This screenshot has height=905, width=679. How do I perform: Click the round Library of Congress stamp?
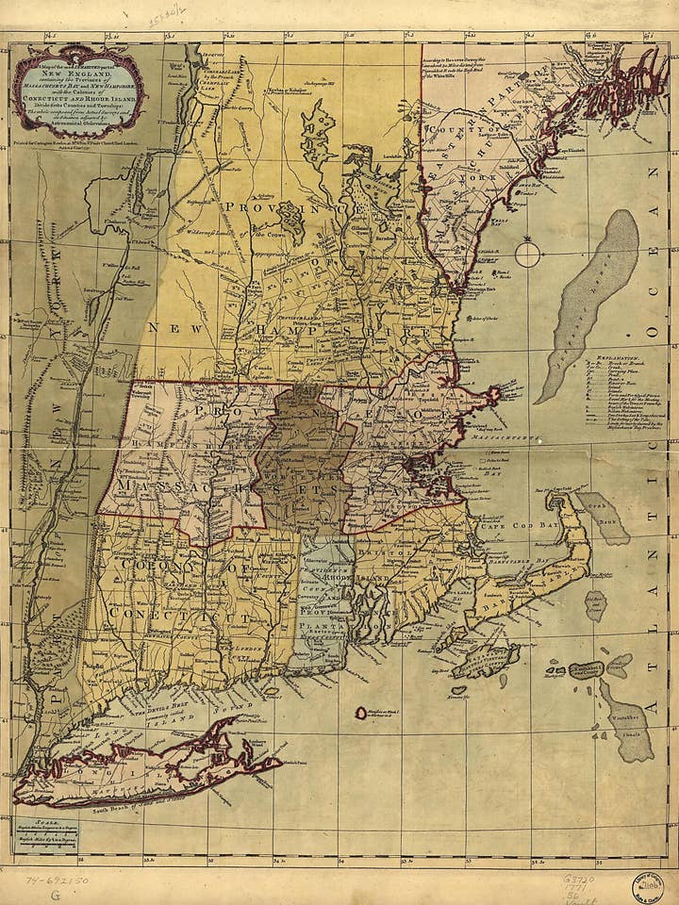(647, 887)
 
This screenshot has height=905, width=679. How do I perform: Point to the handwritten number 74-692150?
(58, 880)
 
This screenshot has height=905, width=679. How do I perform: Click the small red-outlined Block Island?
(361, 713)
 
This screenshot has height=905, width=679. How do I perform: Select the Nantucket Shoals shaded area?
(628, 720)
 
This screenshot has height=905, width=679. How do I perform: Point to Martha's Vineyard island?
(485, 660)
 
